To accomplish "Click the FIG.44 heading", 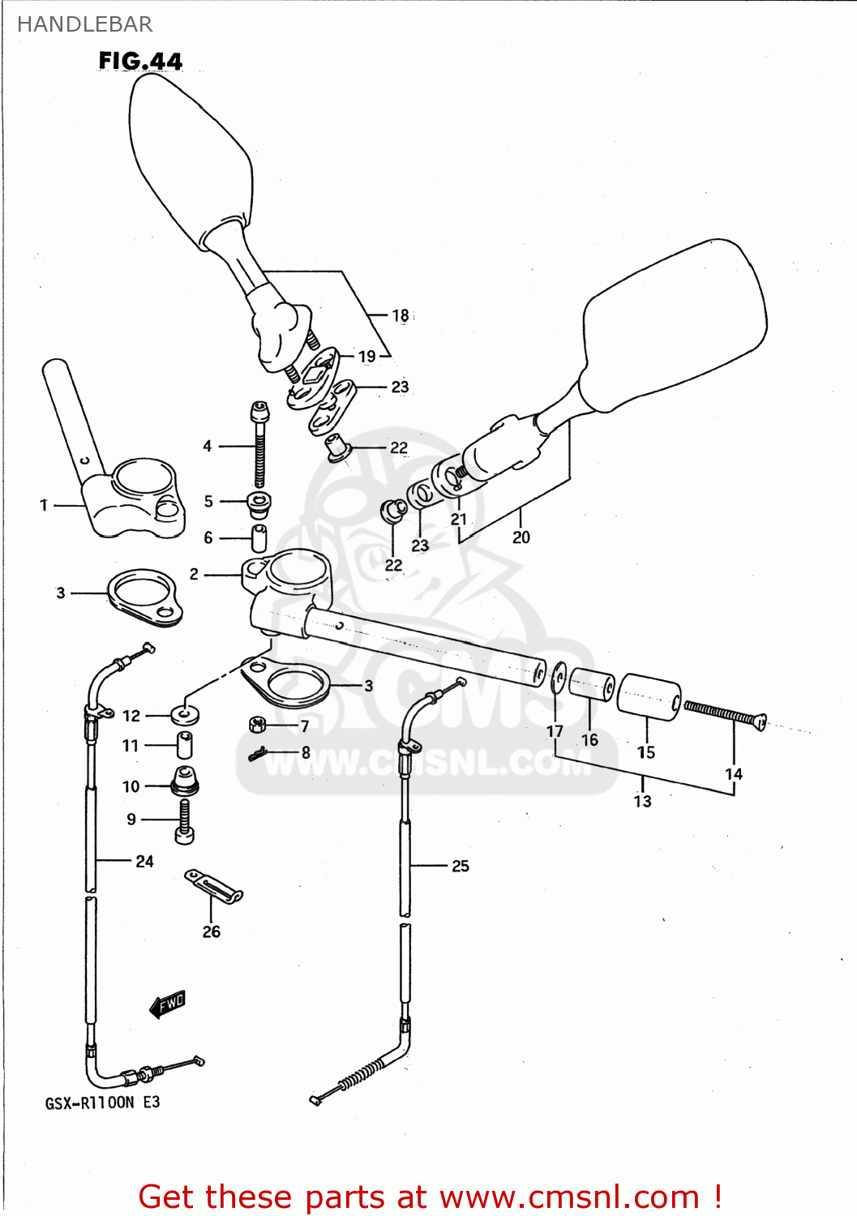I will (x=140, y=61).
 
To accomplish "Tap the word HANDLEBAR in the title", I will (x=84, y=24).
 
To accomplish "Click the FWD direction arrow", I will (x=168, y=1004).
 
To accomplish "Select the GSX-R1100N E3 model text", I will (x=102, y=1103).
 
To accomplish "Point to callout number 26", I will (x=211, y=931).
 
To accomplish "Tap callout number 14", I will (x=733, y=774).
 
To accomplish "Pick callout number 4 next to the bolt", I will (x=208, y=446).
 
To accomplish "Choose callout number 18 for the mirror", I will (x=401, y=315).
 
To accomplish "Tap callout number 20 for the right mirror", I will (x=521, y=537).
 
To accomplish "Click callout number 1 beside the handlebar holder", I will (x=44, y=505).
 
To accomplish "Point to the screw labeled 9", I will (x=185, y=820).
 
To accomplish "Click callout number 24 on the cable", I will (x=144, y=861).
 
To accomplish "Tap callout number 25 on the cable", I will (x=461, y=866).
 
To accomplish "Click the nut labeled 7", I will (x=258, y=724).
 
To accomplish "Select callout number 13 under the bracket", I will (x=642, y=801).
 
